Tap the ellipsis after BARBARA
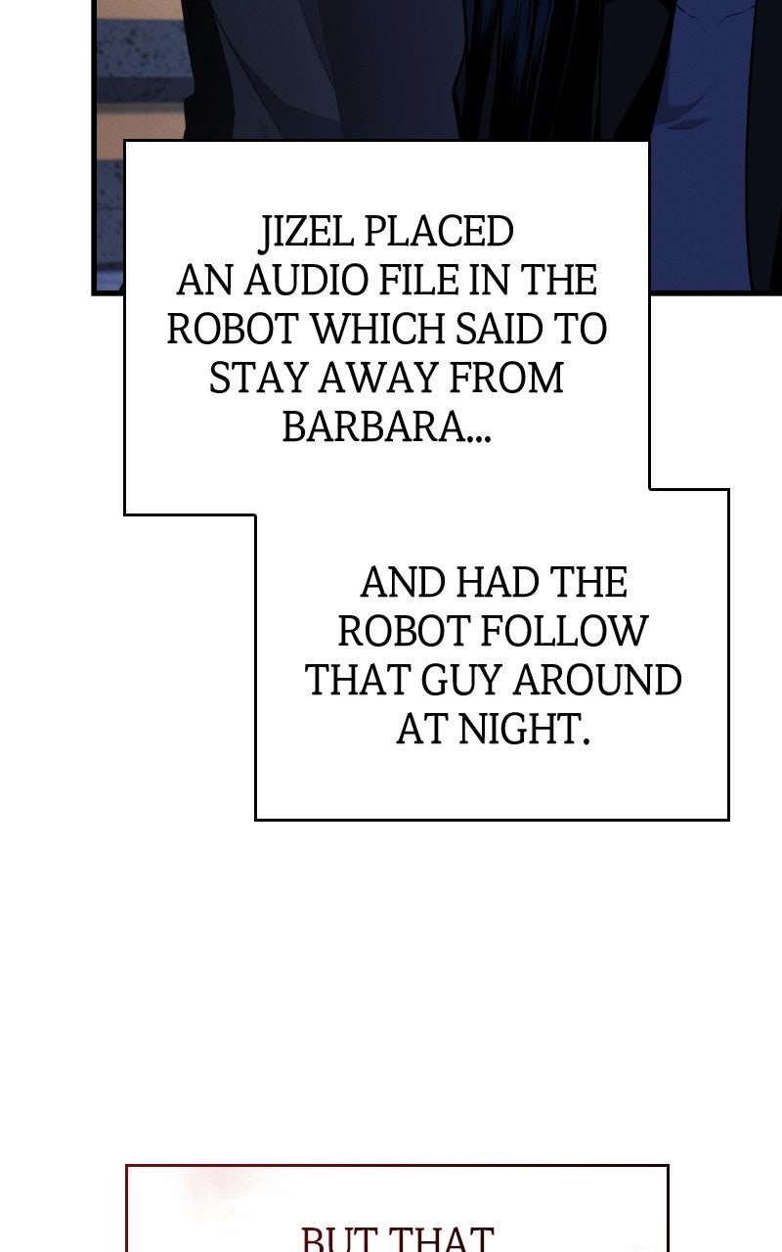(479, 436)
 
